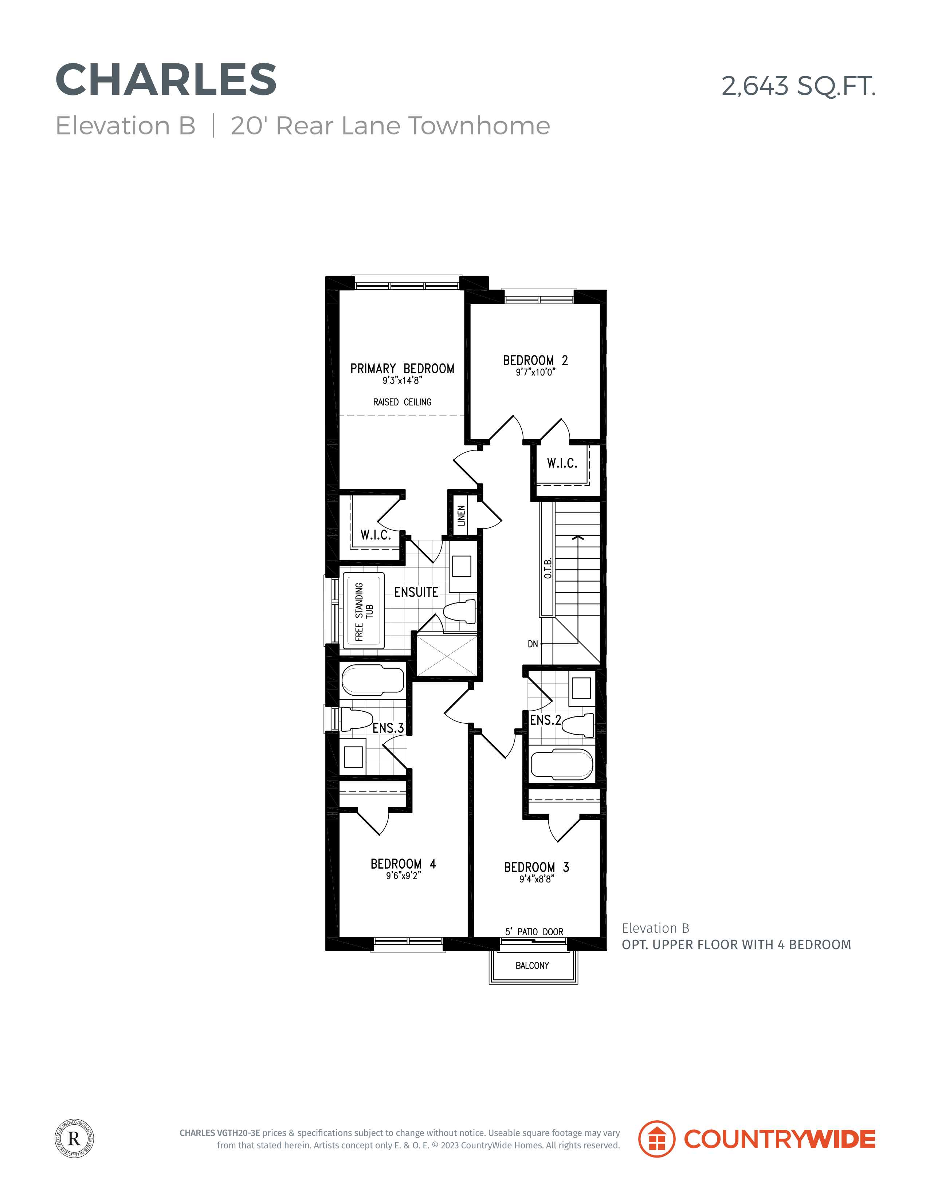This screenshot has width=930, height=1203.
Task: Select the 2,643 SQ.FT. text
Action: (x=798, y=86)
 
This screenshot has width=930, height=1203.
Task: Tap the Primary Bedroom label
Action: (x=402, y=369)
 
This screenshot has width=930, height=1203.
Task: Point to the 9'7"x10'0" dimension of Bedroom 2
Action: (x=535, y=372)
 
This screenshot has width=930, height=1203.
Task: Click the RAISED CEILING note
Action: (x=402, y=402)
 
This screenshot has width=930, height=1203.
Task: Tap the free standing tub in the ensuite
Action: (x=364, y=610)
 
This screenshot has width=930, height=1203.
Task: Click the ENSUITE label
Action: (x=416, y=592)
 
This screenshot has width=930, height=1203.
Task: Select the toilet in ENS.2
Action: (x=578, y=725)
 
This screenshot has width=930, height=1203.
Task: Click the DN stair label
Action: (x=533, y=644)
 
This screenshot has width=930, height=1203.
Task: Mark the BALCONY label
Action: (x=532, y=966)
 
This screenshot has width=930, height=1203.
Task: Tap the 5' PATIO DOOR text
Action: (x=534, y=932)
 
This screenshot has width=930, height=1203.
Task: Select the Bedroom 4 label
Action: (x=403, y=864)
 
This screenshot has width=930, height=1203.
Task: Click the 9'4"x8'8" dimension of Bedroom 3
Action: (x=537, y=879)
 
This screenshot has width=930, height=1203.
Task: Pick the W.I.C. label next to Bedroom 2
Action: (x=562, y=463)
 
